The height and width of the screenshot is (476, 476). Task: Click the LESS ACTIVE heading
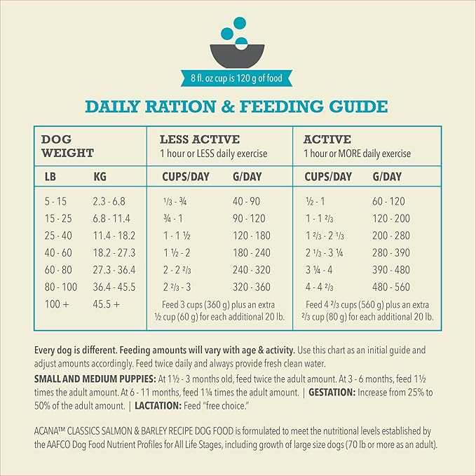click(200, 140)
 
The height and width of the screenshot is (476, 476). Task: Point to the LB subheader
click(50, 177)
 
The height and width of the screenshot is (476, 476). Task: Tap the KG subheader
click(100, 177)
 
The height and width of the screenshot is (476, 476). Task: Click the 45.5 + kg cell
click(107, 304)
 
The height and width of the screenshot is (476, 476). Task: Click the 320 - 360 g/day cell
click(252, 286)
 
